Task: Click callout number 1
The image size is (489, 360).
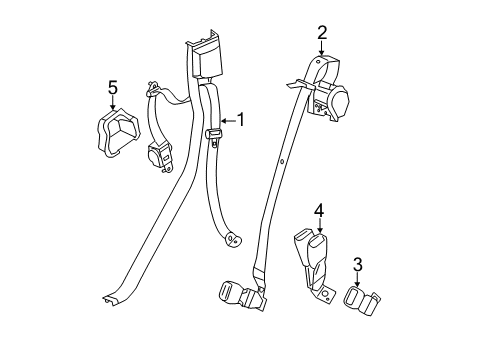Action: tap(239, 122)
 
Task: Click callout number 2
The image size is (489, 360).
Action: tap(322, 32)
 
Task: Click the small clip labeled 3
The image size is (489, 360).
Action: tap(360, 299)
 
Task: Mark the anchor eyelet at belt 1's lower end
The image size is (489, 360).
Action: tap(232, 240)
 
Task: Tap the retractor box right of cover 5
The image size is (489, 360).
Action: tap(160, 157)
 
